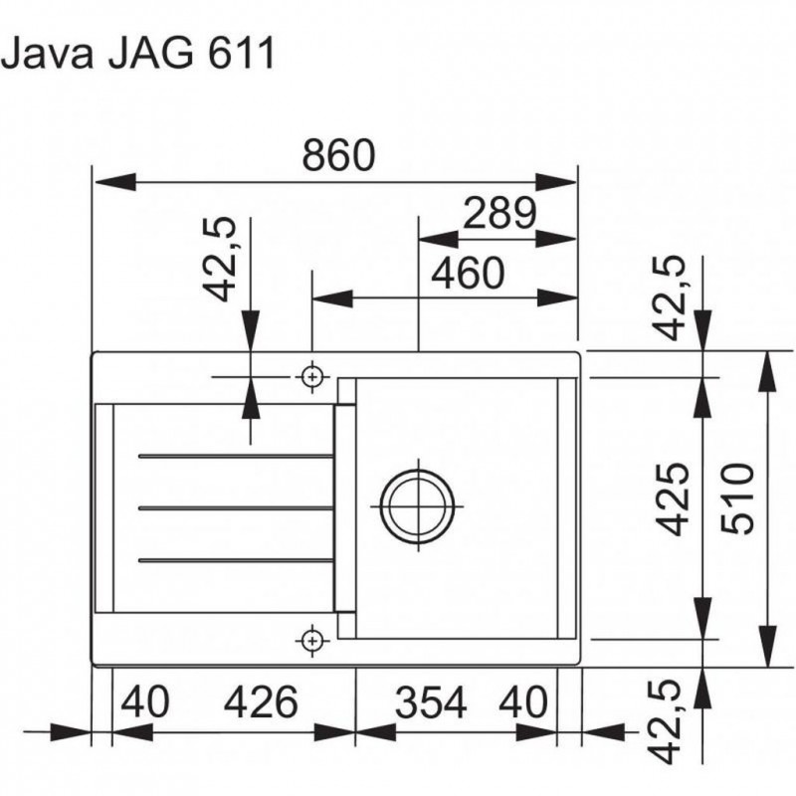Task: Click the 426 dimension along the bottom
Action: pos(261,703)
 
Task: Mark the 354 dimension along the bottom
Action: pos(430,703)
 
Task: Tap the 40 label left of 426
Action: pos(146,703)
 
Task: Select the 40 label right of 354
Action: pos(523,703)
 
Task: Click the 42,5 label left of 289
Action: pos(221,261)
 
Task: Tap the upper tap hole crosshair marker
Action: pos(312,377)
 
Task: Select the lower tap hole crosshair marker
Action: pos(312,639)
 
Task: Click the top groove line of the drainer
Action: pos(236,457)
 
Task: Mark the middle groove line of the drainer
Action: pos(236,508)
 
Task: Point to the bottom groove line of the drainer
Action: pos(236,560)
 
